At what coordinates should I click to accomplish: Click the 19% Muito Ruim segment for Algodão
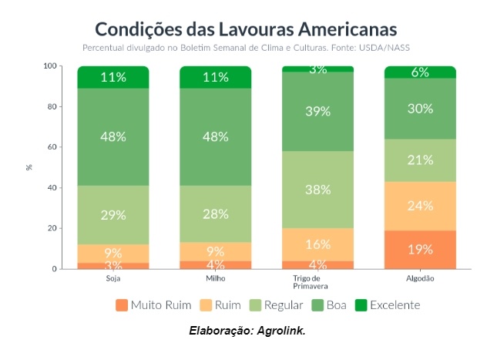point(420,249)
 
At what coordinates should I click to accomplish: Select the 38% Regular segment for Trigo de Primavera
point(317,189)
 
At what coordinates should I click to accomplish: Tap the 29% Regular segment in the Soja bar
point(112,215)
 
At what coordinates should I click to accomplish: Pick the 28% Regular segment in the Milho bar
point(215,214)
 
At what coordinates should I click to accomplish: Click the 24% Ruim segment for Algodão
point(420,206)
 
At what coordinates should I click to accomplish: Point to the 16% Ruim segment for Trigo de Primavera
point(317,244)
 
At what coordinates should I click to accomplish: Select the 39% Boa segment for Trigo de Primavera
point(317,112)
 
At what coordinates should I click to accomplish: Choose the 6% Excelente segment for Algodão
point(420,72)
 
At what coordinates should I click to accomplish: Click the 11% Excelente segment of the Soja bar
point(112,77)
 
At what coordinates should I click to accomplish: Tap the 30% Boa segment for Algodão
point(420,109)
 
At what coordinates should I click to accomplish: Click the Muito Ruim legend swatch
point(121,305)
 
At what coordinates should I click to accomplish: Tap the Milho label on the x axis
point(215,278)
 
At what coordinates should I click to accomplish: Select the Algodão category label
point(420,278)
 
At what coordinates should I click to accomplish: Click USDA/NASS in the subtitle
point(390,47)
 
